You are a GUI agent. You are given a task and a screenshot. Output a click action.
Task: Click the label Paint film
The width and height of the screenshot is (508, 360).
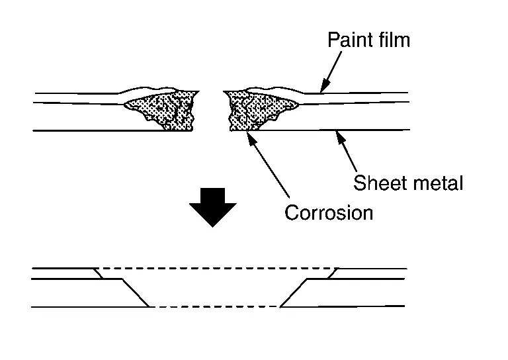(368, 40)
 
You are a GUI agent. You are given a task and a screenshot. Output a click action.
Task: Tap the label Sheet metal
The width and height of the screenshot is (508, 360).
(408, 183)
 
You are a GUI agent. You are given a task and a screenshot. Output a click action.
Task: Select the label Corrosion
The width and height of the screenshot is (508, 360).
(328, 212)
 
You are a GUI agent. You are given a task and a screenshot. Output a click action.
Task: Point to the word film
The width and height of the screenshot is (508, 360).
(393, 40)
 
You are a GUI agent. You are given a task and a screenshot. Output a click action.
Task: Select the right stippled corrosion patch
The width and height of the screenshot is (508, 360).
(255, 109)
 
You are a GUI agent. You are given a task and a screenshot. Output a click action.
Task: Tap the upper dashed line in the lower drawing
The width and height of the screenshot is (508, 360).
(217, 269)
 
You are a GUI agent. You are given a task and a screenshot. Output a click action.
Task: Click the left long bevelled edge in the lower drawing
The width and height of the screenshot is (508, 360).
(136, 293)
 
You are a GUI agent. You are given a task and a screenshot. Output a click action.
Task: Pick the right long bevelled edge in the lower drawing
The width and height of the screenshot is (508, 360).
(295, 293)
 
